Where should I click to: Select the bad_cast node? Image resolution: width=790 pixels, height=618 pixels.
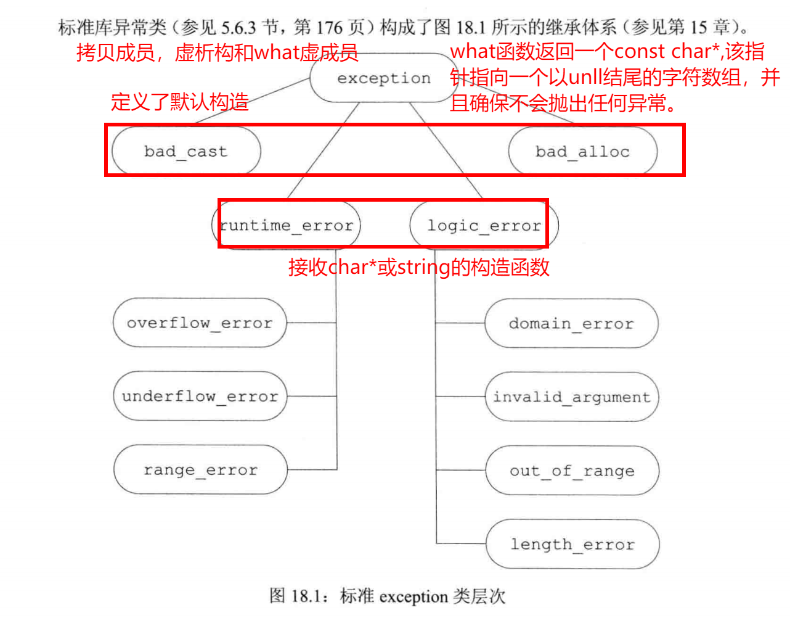(x=186, y=151)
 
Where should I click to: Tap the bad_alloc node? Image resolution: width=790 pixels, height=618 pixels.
(x=582, y=151)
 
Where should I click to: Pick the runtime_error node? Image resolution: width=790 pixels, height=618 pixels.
(x=286, y=225)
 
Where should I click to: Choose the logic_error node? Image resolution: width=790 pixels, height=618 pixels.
(x=484, y=225)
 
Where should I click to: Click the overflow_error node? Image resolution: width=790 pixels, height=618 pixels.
(x=200, y=323)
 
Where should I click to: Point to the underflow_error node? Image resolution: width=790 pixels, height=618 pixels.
(x=200, y=396)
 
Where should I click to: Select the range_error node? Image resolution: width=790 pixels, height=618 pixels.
(x=200, y=469)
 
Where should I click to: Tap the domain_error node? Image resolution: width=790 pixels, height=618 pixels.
(x=571, y=323)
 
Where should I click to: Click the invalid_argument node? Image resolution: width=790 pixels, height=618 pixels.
(x=572, y=397)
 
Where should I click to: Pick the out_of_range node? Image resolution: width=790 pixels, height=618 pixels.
(x=572, y=471)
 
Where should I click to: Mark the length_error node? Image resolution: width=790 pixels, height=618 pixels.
(x=572, y=544)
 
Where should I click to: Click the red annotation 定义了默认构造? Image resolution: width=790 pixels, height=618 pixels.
(x=180, y=102)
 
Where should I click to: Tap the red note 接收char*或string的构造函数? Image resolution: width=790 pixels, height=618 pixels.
(x=419, y=267)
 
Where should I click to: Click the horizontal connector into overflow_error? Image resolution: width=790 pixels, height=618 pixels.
(x=311, y=323)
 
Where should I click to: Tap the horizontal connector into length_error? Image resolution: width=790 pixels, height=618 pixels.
(x=461, y=543)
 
